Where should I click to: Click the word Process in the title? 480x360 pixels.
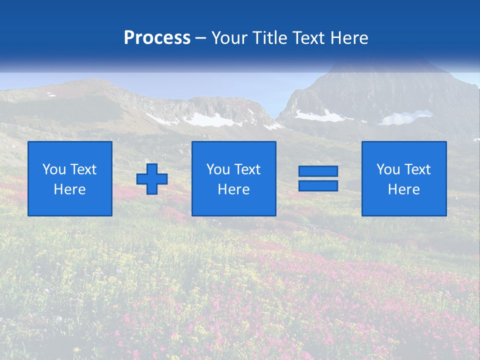157,38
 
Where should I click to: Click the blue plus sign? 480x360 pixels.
152,179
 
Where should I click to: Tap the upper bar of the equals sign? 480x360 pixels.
318,171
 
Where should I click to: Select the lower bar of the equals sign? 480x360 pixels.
318,186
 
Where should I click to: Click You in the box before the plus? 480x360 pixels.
54,169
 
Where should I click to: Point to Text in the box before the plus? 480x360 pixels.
83,169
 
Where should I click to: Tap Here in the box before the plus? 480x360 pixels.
70,189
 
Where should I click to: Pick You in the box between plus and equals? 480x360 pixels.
218,169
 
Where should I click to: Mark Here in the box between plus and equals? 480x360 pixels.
234,189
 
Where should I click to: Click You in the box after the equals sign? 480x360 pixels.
388,169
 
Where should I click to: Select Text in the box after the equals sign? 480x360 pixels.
417,169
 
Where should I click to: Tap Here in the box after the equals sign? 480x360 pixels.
404,189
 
